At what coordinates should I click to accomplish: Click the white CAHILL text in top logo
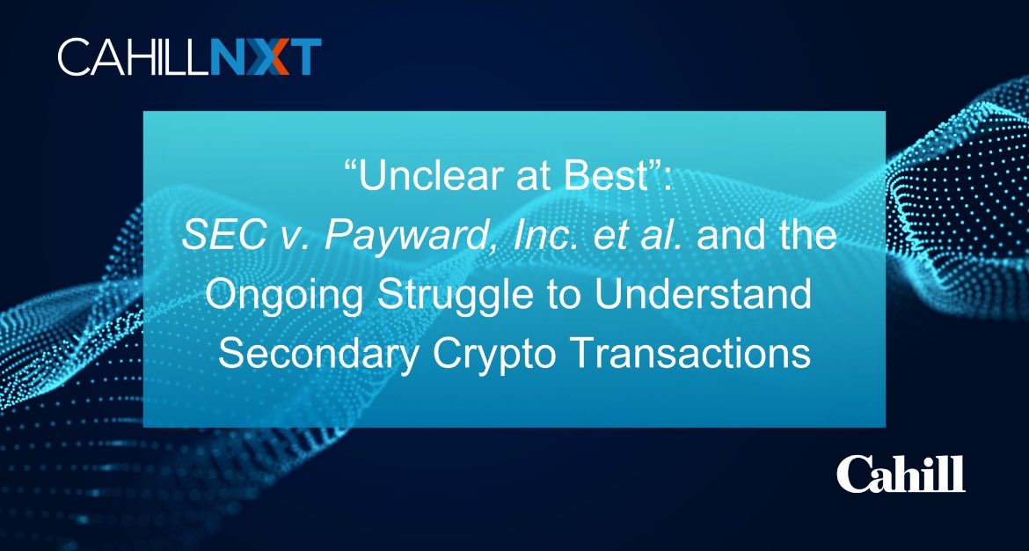point(134,57)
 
